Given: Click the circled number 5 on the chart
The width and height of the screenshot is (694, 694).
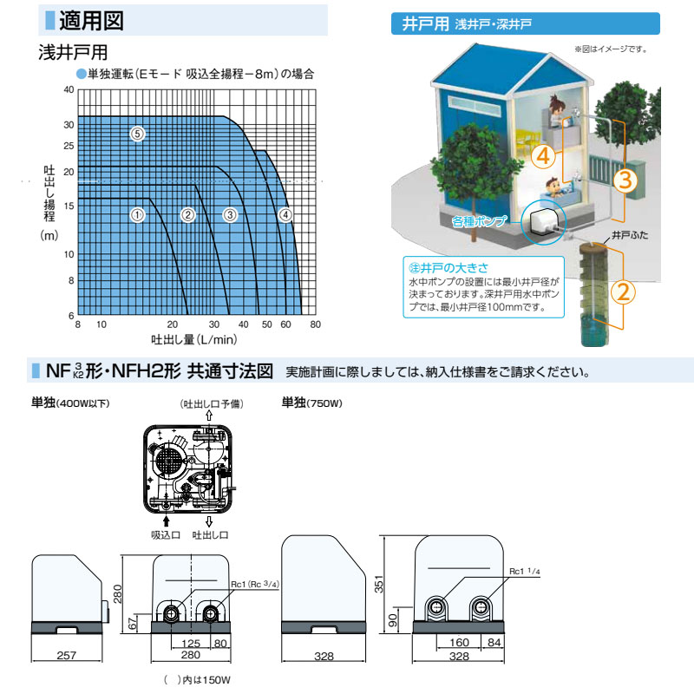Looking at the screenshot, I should point(136,134).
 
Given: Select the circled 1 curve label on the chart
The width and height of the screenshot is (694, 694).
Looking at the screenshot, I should point(136,215).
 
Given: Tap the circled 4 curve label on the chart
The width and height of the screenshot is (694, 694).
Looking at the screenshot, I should point(286,215).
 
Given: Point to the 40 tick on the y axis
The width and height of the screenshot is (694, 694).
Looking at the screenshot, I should point(69,89).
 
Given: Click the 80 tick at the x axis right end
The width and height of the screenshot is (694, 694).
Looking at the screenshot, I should point(316,324).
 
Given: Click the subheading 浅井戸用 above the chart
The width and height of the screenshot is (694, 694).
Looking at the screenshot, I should point(74,53).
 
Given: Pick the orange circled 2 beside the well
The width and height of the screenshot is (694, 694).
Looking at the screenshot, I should point(625,292).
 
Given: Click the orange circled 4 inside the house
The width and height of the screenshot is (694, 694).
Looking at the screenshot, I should point(541,157).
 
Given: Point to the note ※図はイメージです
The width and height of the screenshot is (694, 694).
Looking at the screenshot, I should point(611,49).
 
